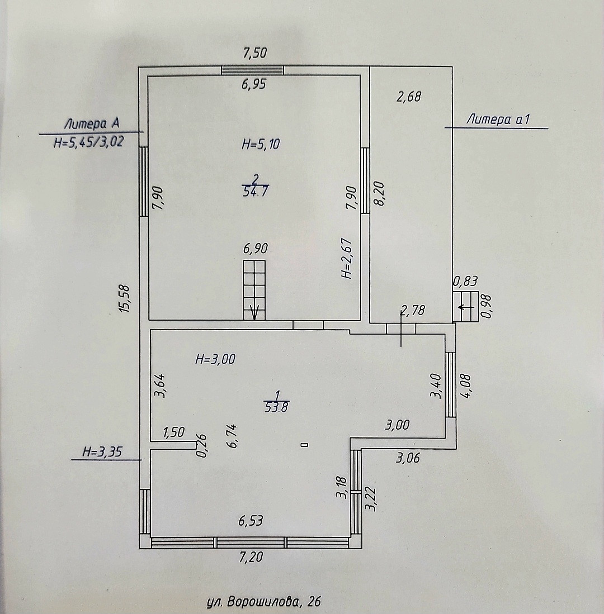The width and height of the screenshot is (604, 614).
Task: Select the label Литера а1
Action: tap(498, 118)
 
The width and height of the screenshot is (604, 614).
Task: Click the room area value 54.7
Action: tap(255, 192)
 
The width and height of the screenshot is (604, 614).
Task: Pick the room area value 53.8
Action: tap(277, 407)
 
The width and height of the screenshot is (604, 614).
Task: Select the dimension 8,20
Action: tap(381, 193)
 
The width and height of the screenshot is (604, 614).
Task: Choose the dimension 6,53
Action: tap(251, 521)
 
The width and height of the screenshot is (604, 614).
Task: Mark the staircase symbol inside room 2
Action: tap(254, 289)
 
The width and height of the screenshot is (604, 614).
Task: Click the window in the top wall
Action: tap(252, 70)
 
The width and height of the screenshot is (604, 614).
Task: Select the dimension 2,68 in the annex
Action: tap(408, 97)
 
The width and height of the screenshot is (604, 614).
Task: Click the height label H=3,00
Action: tap(215, 359)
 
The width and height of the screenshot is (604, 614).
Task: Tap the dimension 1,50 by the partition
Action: tap(173, 432)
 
